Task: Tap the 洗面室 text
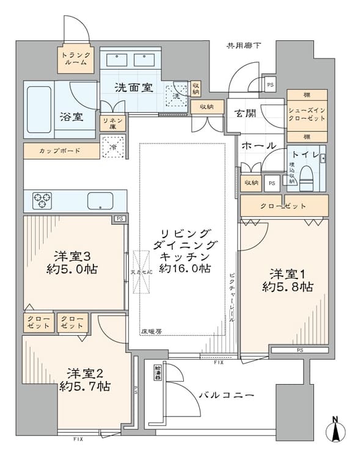133,87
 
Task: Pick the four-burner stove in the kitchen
42,198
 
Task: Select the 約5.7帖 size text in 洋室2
85,387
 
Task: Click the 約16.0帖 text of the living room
186,268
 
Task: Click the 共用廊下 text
243,45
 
